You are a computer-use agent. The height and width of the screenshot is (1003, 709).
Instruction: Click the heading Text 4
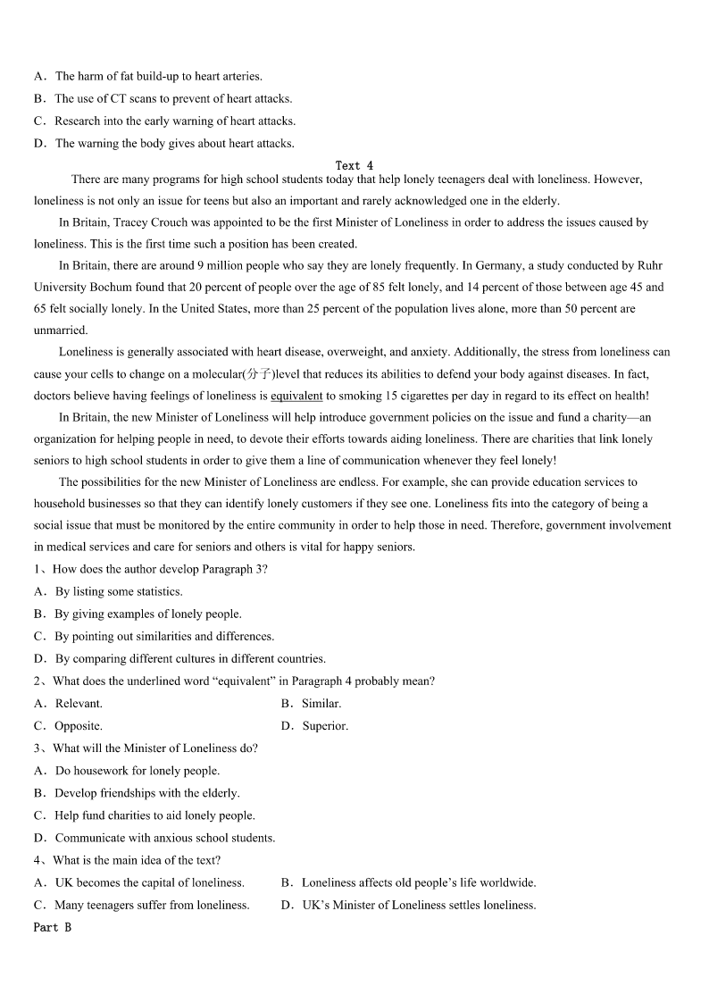coord(354,165)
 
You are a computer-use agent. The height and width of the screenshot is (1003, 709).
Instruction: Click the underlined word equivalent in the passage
coord(296,396)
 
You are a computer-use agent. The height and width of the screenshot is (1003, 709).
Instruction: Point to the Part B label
coord(52,927)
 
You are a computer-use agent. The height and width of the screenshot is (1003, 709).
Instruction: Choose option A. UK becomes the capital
coord(139,882)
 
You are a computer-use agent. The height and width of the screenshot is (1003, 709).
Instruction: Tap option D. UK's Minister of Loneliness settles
coord(409,905)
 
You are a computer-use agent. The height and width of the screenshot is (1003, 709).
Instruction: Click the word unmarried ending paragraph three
coord(61,330)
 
